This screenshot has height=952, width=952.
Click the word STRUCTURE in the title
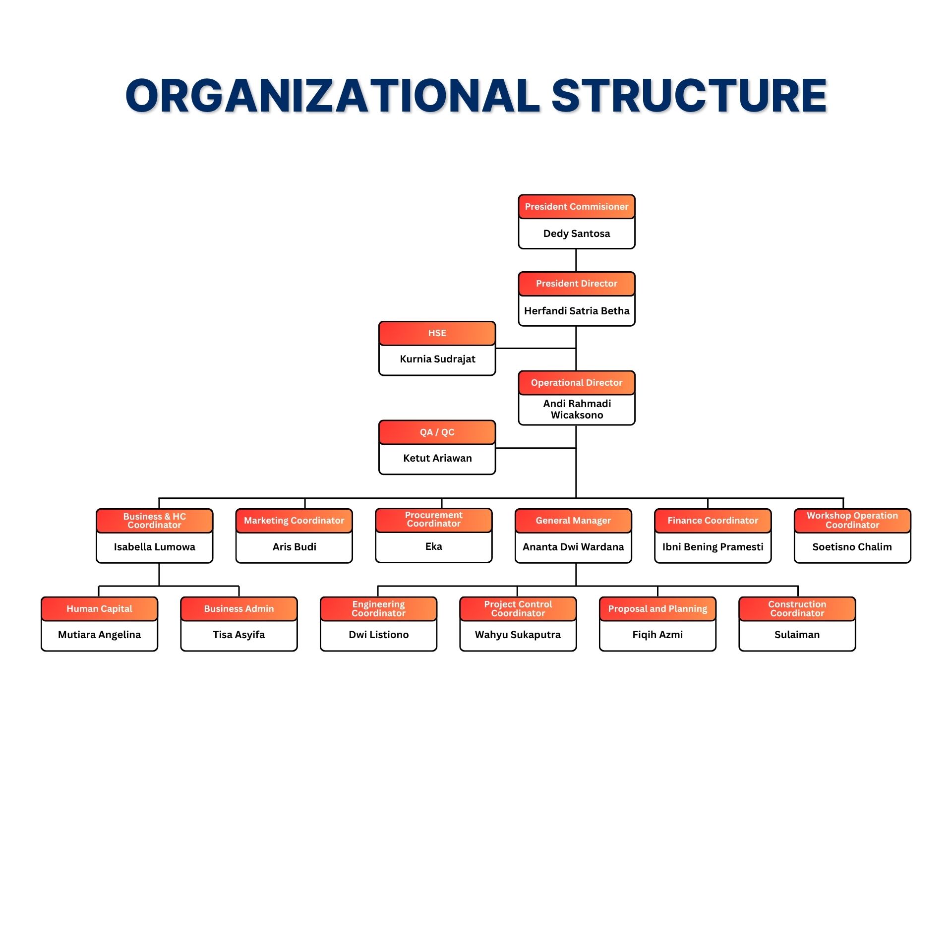689,96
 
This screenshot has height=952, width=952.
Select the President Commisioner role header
576,207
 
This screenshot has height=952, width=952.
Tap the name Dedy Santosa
576,234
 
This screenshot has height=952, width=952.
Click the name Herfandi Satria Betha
576,311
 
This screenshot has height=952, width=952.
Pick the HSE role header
437,333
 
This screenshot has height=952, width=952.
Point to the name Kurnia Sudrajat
437,359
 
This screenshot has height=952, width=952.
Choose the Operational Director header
576,383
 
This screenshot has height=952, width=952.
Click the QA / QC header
437,432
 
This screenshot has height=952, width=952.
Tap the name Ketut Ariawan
437,458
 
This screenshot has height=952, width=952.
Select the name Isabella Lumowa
154,547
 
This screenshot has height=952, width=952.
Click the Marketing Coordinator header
294,521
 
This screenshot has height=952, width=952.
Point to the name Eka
433,546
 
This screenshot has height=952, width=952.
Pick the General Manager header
573,521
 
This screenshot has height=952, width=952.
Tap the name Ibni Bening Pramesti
713,547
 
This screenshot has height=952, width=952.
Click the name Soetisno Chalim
852,547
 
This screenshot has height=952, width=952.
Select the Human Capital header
99,609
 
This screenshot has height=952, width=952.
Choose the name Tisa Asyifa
238,635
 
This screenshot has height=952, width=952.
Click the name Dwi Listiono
378,635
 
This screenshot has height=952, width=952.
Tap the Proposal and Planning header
657,609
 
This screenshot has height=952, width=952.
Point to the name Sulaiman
797,635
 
